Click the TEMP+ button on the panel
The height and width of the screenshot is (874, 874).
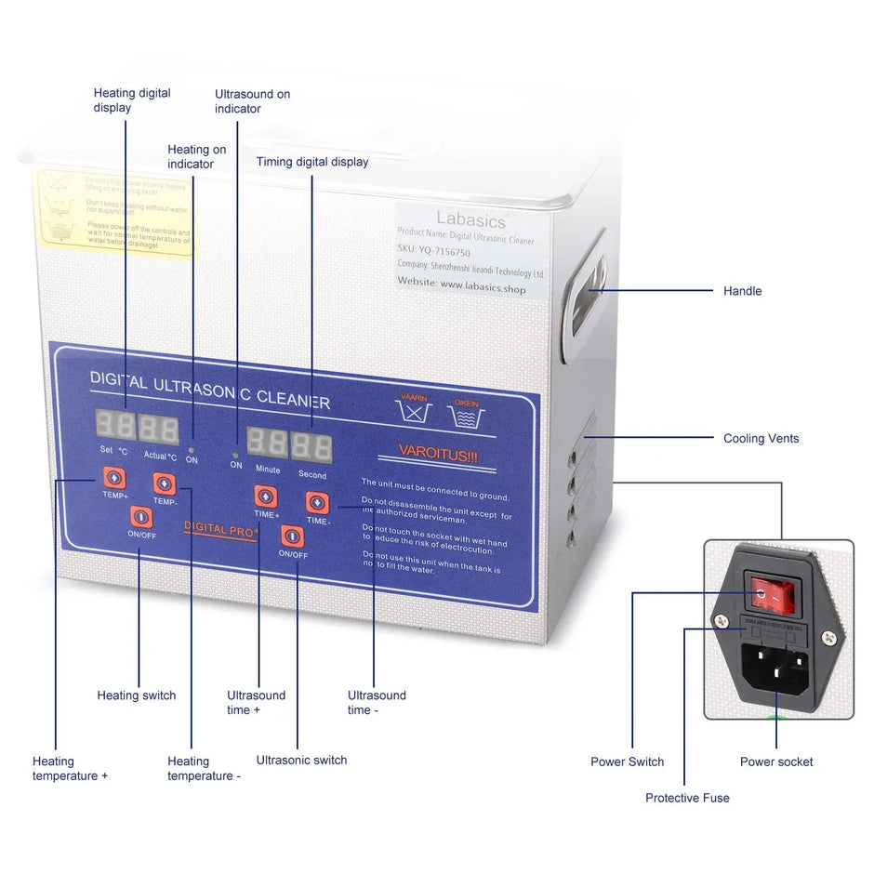113,478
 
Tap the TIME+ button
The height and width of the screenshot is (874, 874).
266,496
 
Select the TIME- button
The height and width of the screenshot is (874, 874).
316,503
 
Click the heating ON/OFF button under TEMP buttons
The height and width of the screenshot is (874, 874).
140,516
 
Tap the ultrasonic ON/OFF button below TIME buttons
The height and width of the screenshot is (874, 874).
292,536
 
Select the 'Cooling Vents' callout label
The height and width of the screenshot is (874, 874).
761,438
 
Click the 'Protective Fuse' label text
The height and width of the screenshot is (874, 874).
687,798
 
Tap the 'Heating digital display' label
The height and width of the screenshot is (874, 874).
132,100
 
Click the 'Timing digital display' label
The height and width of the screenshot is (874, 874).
312,162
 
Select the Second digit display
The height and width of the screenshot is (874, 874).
311,447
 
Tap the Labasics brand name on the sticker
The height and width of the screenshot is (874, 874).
471,220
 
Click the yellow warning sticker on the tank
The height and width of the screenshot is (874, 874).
116,212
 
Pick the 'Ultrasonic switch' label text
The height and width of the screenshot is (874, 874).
301,760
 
